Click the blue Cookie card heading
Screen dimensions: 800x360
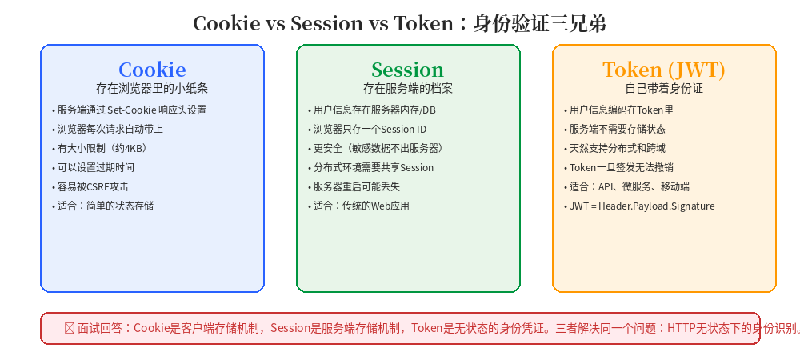click(152, 70)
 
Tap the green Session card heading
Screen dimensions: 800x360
click(408, 70)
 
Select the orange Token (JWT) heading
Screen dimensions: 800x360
click(664, 70)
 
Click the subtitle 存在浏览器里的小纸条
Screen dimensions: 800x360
click(152, 88)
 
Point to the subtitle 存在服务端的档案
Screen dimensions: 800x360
click(408, 88)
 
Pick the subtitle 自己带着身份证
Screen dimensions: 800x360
click(664, 88)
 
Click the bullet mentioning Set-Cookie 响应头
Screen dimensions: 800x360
click(129, 110)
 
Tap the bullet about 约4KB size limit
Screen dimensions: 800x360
click(100, 148)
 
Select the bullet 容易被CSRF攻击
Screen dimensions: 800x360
click(90, 186)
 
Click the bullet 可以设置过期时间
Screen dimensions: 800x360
click(93, 167)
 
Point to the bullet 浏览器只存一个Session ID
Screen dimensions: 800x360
click(367, 129)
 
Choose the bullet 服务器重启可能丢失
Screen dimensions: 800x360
click(354, 186)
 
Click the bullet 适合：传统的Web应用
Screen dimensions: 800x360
click(358, 206)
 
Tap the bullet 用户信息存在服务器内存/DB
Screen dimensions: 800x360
click(371, 110)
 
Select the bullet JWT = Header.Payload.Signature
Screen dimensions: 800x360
click(639, 206)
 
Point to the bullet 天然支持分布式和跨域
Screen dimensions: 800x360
click(614, 148)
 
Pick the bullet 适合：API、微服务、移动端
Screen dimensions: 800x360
click(626, 186)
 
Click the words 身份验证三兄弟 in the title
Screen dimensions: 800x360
click(540, 23)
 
